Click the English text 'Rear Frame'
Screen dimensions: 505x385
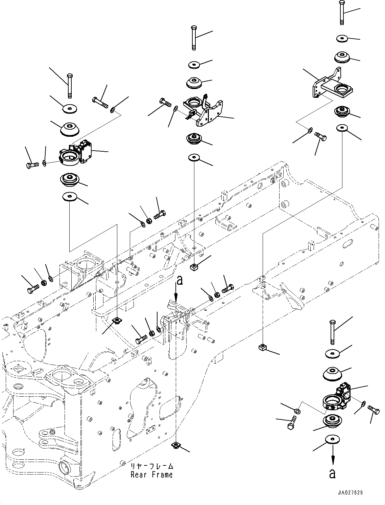pos(151,475)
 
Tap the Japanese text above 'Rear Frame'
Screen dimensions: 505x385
pos(152,466)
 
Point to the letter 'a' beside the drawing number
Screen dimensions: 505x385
pos(333,473)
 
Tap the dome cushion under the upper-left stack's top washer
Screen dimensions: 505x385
pos(70,129)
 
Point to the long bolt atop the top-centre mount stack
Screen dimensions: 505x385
pos(194,38)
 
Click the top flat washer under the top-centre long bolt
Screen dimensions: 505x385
pos(194,64)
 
